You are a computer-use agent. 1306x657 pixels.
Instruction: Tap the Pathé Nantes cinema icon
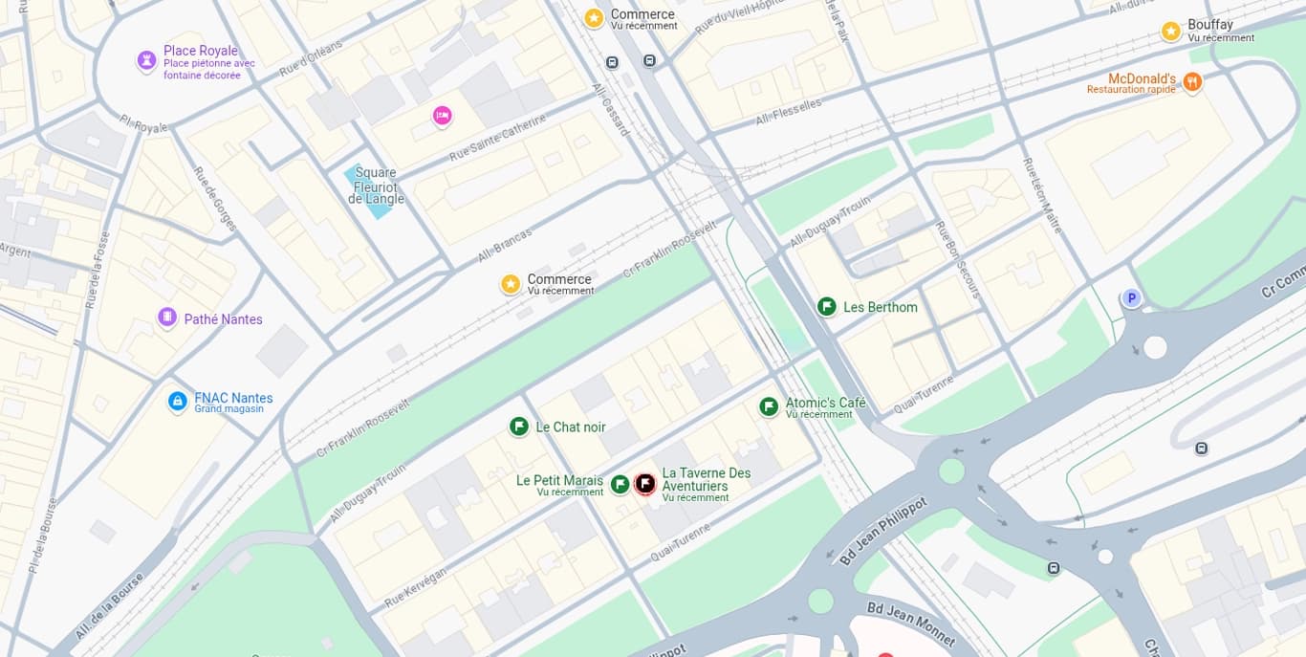pyautogui.click(x=167, y=318)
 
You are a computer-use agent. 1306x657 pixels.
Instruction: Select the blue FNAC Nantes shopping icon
pyautogui.click(x=177, y=402)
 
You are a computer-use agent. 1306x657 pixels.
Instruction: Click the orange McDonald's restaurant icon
pyautogui.click(x=1191, y=82)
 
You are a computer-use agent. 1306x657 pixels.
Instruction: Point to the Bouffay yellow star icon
pyautogui.click(x=1171, y=31)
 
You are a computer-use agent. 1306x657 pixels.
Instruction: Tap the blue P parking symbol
pyautogui.click(x=1131, y=298)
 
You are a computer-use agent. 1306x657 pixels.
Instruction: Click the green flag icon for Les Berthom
pyautogui.click(x=827, y=307)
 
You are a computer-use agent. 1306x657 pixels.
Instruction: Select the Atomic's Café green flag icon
pyautogui.click(x=769, y=407)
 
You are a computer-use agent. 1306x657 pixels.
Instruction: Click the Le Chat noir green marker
pyautogui.click(x=519, y=427)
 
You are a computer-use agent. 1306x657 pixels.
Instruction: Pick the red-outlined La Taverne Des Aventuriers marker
pyautogui.click(x=645, y=484)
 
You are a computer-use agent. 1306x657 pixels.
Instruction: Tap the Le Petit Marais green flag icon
pyautogui.click(x=620, y=485)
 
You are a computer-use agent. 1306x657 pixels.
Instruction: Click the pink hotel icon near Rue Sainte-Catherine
pyautogui.click(x=442, y=116)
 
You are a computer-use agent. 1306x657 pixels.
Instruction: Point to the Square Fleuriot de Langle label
pyautogui.click(x=376, y=186)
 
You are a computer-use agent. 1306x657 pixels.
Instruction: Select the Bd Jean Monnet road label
pyautogui.click(x=910, y=624)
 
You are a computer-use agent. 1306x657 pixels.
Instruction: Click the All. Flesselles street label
pyautogui.click(x=789, y=112)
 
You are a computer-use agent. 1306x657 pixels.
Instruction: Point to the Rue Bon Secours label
pyautogui.click(x=957, y=259)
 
